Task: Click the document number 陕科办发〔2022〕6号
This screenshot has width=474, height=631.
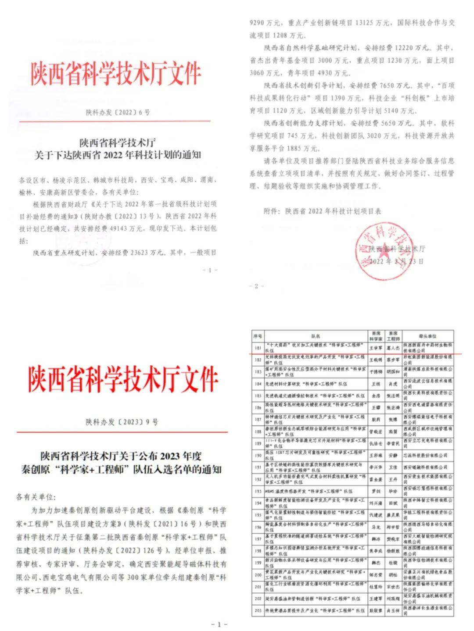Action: [118, 113]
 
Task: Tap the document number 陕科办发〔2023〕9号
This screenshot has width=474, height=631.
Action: [122, 422]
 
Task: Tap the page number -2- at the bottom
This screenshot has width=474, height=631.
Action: [256, 286]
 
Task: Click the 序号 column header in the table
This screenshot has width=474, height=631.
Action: [258, 336]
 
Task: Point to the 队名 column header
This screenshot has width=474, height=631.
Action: [316, 336]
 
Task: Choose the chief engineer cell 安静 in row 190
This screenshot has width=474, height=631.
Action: [393, 455]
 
